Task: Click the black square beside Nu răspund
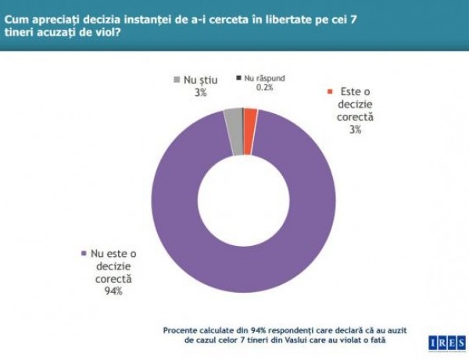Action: coord(238,78)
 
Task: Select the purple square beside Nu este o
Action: coord(84,254)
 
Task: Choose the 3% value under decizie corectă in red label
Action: coord(356,130)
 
